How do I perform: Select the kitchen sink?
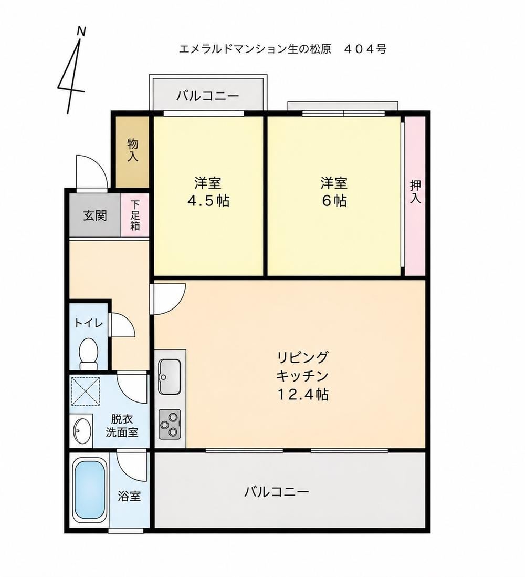click(x=170, y=376)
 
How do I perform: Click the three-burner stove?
click(x=170, y=424)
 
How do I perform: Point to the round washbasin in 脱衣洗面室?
click(x=82, y=430)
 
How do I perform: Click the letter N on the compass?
click(x=81, y=32)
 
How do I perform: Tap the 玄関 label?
click(x=95, y=215)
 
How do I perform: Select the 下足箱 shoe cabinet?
click(x=135, y=215)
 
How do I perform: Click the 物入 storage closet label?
click(x=133, y=150)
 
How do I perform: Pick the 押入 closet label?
click(x=415, y=192)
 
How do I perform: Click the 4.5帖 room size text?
click(x=208, y=201)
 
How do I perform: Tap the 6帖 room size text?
click(x=334, y=201)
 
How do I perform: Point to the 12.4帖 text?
click(x=302, y=395)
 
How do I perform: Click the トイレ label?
click(x=89, y=323)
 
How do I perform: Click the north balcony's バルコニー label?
click(x=208, y=96)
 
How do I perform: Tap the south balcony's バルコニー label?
click(x=277, y=492)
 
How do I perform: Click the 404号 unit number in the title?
click(x=365, y=48)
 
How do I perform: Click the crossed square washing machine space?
click(x=85, y=391)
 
